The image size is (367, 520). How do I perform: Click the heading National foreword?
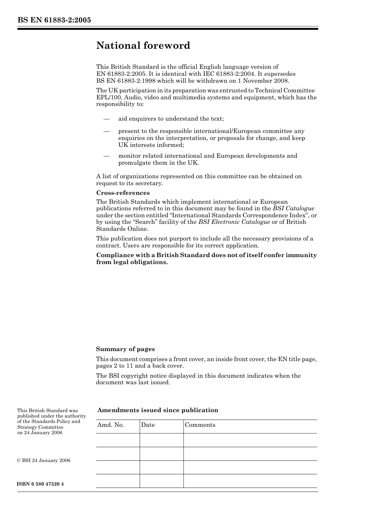[143, 46]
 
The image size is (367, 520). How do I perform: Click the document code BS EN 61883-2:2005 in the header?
[54, 20]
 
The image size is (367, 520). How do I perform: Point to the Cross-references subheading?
[123, 193]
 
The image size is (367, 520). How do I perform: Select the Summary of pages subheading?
[125, 349]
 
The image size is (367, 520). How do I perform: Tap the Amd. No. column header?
[110, 425]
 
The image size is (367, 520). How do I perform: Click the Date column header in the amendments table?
[148, 425]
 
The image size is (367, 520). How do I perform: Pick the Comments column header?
[200, 425]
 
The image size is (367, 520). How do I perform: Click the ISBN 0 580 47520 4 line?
[41, 484]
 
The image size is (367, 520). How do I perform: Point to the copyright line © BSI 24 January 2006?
[44, 460]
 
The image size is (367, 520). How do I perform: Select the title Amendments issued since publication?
[158, 410]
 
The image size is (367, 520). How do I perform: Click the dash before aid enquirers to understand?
[107, 119]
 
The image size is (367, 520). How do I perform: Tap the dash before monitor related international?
[107, 156]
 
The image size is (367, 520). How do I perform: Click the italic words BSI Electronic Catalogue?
[234, 222]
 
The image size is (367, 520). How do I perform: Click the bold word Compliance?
[114, 255]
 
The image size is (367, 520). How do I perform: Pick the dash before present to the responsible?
[107, 131]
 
